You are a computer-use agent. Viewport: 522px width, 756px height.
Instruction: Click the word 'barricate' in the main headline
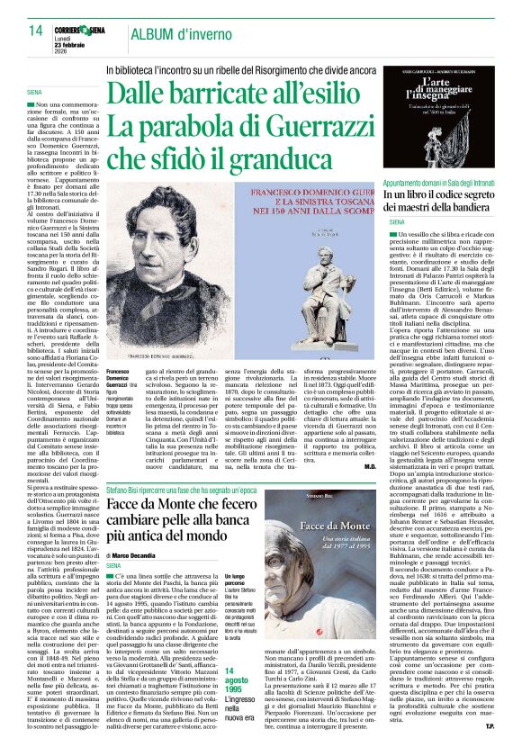236,92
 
